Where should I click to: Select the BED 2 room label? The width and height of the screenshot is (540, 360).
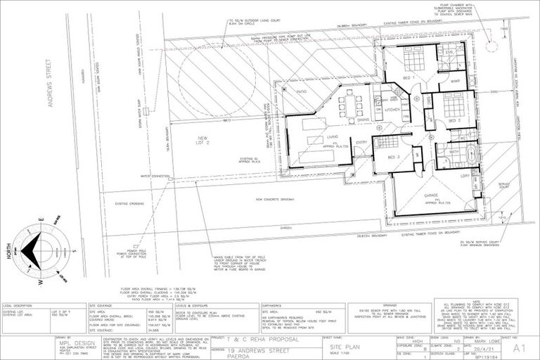pos(454,120)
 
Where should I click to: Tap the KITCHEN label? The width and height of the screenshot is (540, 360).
pos(392,110)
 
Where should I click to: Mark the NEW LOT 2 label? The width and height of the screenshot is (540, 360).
pos(203,141)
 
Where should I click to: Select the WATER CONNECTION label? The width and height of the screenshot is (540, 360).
pos(155,176)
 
